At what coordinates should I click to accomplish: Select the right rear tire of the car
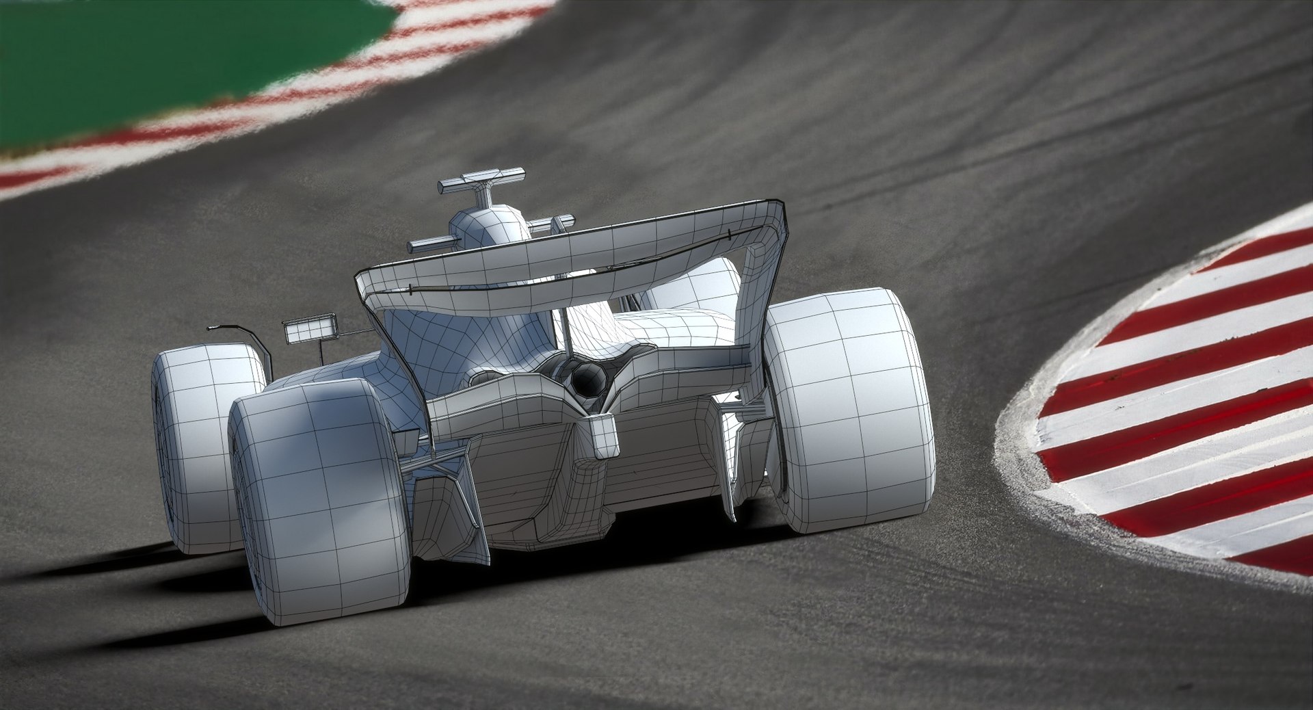(x=848, y=410)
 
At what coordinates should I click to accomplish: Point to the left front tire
(x=205, y=445)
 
